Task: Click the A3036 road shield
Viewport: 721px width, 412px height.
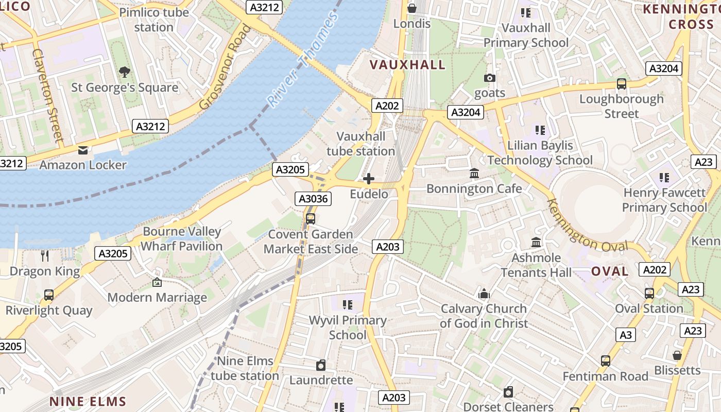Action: click(313, 199)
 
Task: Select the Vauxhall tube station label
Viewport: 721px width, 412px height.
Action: click(360, 144)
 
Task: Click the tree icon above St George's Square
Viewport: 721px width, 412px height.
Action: click(124, 72)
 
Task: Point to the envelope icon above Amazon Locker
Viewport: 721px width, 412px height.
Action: click(82, 150)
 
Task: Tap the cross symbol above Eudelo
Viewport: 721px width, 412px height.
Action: click(369, 179)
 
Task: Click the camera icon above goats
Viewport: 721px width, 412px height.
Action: click(490, 78)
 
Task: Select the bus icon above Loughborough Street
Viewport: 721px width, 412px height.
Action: click(622, 84)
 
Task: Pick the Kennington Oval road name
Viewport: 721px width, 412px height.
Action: click(587, 226)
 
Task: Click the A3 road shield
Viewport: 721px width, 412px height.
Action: click(625, 335)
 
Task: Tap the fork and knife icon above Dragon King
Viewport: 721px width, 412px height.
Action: click(45, 256)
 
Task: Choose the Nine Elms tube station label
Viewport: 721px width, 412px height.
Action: click(245, 368)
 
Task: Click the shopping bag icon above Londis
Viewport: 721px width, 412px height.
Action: click(412, 8)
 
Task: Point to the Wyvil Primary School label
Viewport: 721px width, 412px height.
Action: click(348, 328)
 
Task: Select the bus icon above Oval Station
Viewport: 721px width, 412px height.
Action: click(649, 294)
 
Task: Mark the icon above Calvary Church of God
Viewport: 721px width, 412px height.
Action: click(484, 294)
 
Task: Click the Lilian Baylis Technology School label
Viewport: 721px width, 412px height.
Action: click(540, 153)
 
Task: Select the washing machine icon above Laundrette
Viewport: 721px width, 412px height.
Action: click(321, 365)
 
